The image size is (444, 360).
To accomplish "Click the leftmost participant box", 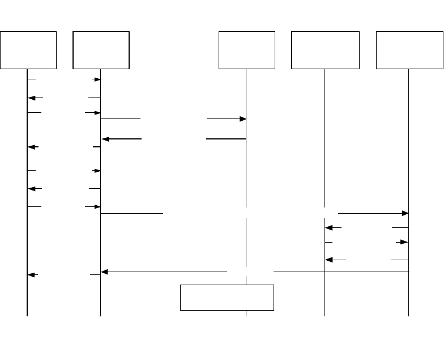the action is [29, 50].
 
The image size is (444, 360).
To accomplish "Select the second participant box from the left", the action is [101, 50].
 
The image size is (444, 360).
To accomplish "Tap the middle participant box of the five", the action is [247, 50].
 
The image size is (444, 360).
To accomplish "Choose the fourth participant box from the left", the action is [325, 50].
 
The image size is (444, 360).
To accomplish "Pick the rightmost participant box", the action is [409, 50].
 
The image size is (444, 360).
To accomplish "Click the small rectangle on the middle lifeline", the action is [227, 298].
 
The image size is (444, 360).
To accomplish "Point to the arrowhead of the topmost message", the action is [97, 80].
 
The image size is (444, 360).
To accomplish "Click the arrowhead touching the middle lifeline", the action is [242, 119].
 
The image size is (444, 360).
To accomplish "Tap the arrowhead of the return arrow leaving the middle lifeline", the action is [105, 139].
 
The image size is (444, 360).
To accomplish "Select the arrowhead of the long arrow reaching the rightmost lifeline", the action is [405, 214].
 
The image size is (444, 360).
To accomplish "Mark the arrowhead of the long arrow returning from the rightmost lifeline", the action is [105, 272].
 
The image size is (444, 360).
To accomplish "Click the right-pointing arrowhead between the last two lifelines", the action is [404, 242].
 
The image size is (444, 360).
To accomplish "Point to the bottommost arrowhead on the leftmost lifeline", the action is [32, 275].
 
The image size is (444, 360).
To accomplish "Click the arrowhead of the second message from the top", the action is [32, 98].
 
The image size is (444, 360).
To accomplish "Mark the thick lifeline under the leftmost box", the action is [27, 295].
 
